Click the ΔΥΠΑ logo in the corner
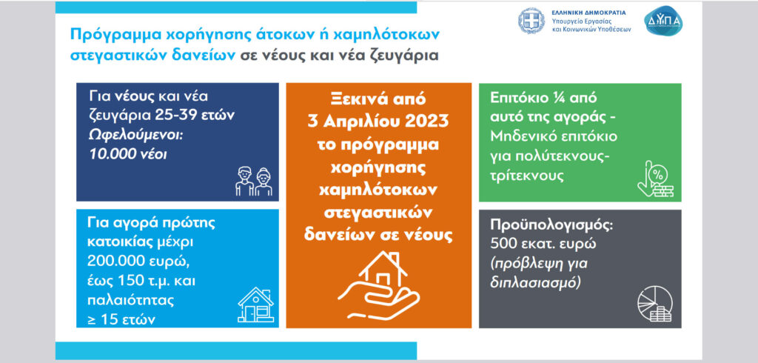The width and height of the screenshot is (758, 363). pos(663,20)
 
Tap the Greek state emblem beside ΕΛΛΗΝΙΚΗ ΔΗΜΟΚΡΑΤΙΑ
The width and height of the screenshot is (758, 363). pos(531,21)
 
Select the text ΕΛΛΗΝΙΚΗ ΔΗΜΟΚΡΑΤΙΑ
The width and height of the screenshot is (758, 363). pos(588,12)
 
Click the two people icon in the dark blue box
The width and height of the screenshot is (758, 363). pos(254,181)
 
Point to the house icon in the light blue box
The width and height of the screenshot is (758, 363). pos(255,305)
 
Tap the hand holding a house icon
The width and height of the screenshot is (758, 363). pos(378,285)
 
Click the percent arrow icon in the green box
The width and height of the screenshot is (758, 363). pos(655,179)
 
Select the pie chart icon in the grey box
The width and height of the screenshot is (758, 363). pos(655,304)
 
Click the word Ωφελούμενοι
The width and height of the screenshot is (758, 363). pos(135,136)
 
